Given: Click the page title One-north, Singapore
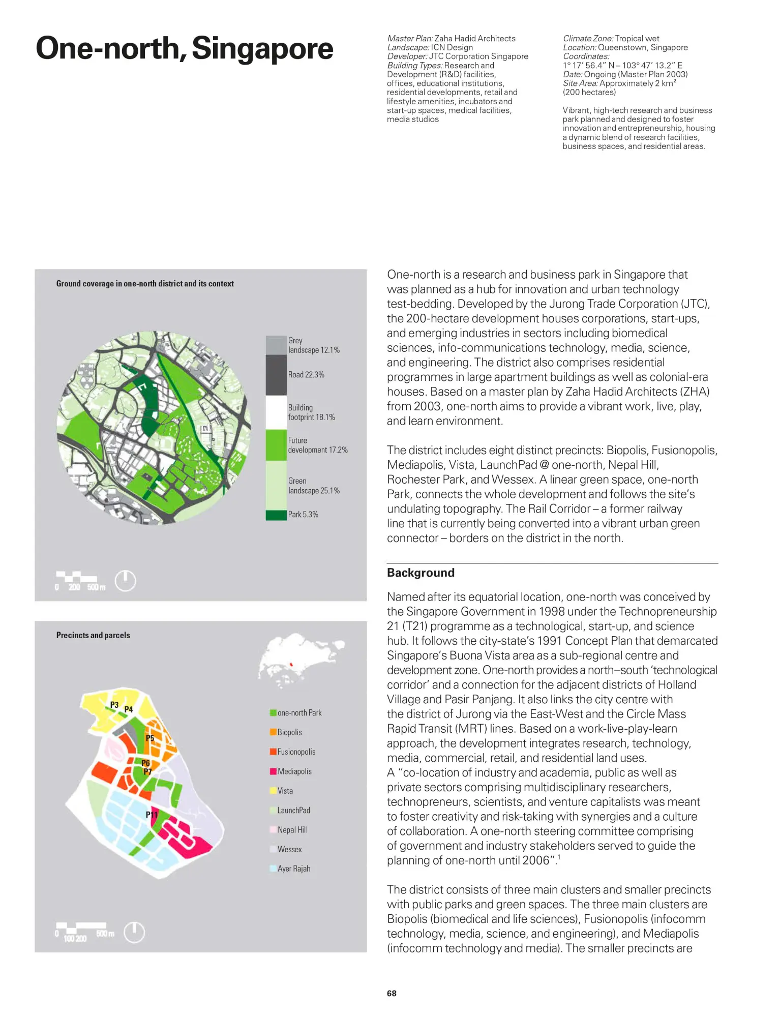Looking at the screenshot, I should (184, 49).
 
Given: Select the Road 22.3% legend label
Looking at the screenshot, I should (306, 375).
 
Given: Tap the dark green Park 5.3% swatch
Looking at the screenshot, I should (276, 515).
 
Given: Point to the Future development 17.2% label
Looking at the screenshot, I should (318, 445).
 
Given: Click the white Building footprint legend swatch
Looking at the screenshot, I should (276, 412).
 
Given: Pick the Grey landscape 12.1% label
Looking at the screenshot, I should (314, 345).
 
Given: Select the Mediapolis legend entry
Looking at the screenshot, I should (294, 771).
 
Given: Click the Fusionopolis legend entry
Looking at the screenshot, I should (296, 752).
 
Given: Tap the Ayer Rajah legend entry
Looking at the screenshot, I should (293, 869).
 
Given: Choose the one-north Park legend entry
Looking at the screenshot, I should (299, 713).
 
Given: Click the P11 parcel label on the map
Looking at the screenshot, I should (152, 815).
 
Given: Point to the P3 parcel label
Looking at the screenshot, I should (114, 705).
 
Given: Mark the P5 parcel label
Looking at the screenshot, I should (150, 738).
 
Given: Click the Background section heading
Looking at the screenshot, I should (421, 573).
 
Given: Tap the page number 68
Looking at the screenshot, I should (392, 994).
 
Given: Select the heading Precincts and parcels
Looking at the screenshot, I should (93, 636).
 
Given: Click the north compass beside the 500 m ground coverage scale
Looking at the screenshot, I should (126, 581).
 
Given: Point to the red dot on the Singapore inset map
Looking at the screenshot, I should (291, 665).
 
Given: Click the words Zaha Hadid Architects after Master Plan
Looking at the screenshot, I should (474, 39).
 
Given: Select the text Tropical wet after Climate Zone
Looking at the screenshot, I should (637, 39).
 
